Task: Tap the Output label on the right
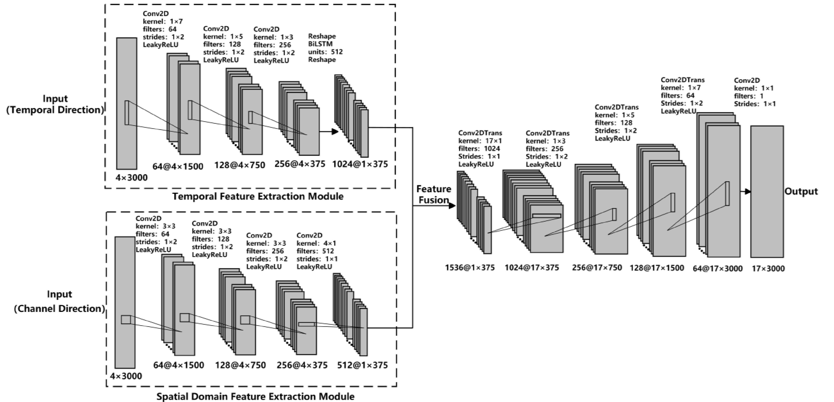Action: click(801, 191)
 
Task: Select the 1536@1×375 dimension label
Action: click(470, 268)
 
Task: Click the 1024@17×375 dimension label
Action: click(532, 268)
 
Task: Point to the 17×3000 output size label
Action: click(768, 268)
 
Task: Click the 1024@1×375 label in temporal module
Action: click(360, 164)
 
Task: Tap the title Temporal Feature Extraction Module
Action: click(258, 196)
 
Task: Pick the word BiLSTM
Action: click(320, 44)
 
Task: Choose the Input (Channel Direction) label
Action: click(59, 301)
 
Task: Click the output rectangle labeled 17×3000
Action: click(767, 191)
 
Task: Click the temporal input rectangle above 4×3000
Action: click(127, 103)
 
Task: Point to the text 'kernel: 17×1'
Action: click(480, 141)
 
